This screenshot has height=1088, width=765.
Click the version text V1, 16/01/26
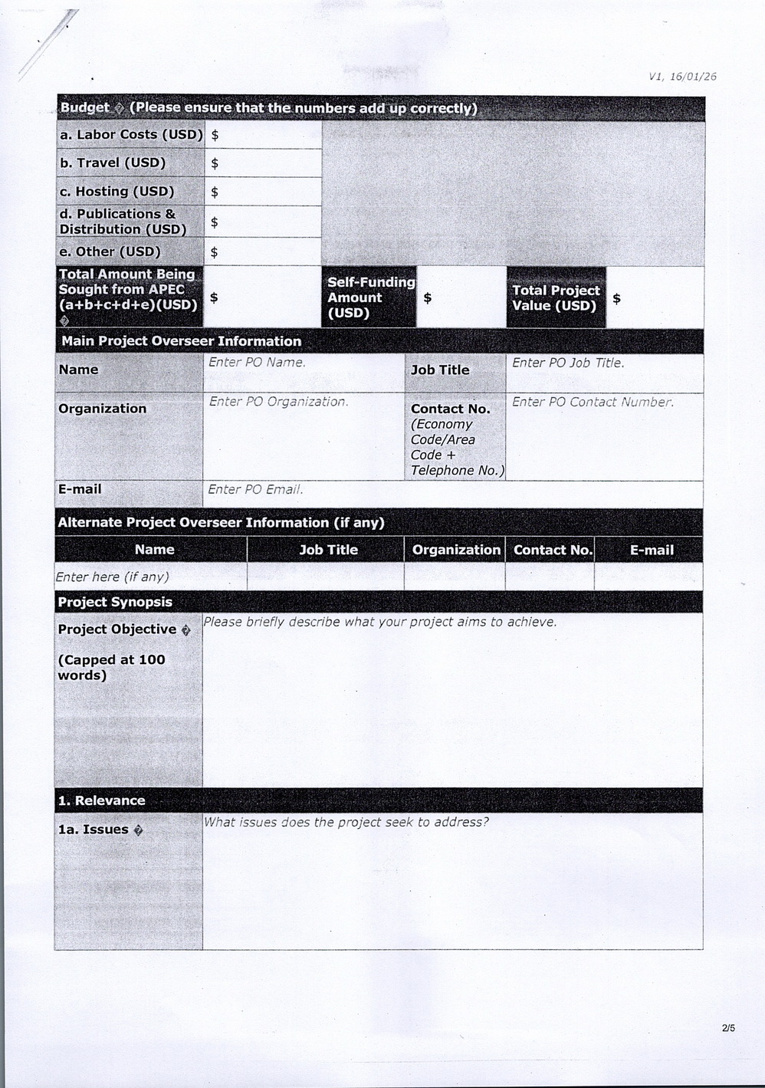click(682, 76)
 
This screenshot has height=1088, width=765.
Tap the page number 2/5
click(727, 1028)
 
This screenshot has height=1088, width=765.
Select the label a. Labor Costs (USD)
click(131, 135)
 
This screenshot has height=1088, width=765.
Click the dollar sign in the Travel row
click(215, 163)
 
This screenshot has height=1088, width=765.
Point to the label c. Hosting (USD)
click(117, 192)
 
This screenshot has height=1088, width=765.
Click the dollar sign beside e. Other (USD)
click(215, 252)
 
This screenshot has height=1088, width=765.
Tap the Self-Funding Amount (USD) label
click(369, 297)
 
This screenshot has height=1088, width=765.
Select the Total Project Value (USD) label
click(556, 297)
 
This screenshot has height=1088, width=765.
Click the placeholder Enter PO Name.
click(257, 363)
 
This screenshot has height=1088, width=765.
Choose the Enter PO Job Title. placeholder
click(568, 363)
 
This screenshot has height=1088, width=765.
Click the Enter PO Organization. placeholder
click(278, 402)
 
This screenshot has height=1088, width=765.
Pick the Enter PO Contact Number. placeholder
click(593, 403)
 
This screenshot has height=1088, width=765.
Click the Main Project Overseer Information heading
click(181, 341)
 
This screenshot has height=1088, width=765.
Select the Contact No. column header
click(552, 550)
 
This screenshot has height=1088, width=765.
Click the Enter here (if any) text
click(112, 577)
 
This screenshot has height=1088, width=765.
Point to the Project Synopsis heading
click(115, 602)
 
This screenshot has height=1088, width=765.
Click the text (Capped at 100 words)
click(111, 668)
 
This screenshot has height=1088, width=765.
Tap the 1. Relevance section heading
click(101, 800)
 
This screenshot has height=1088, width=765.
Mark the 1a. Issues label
click(94, 830)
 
